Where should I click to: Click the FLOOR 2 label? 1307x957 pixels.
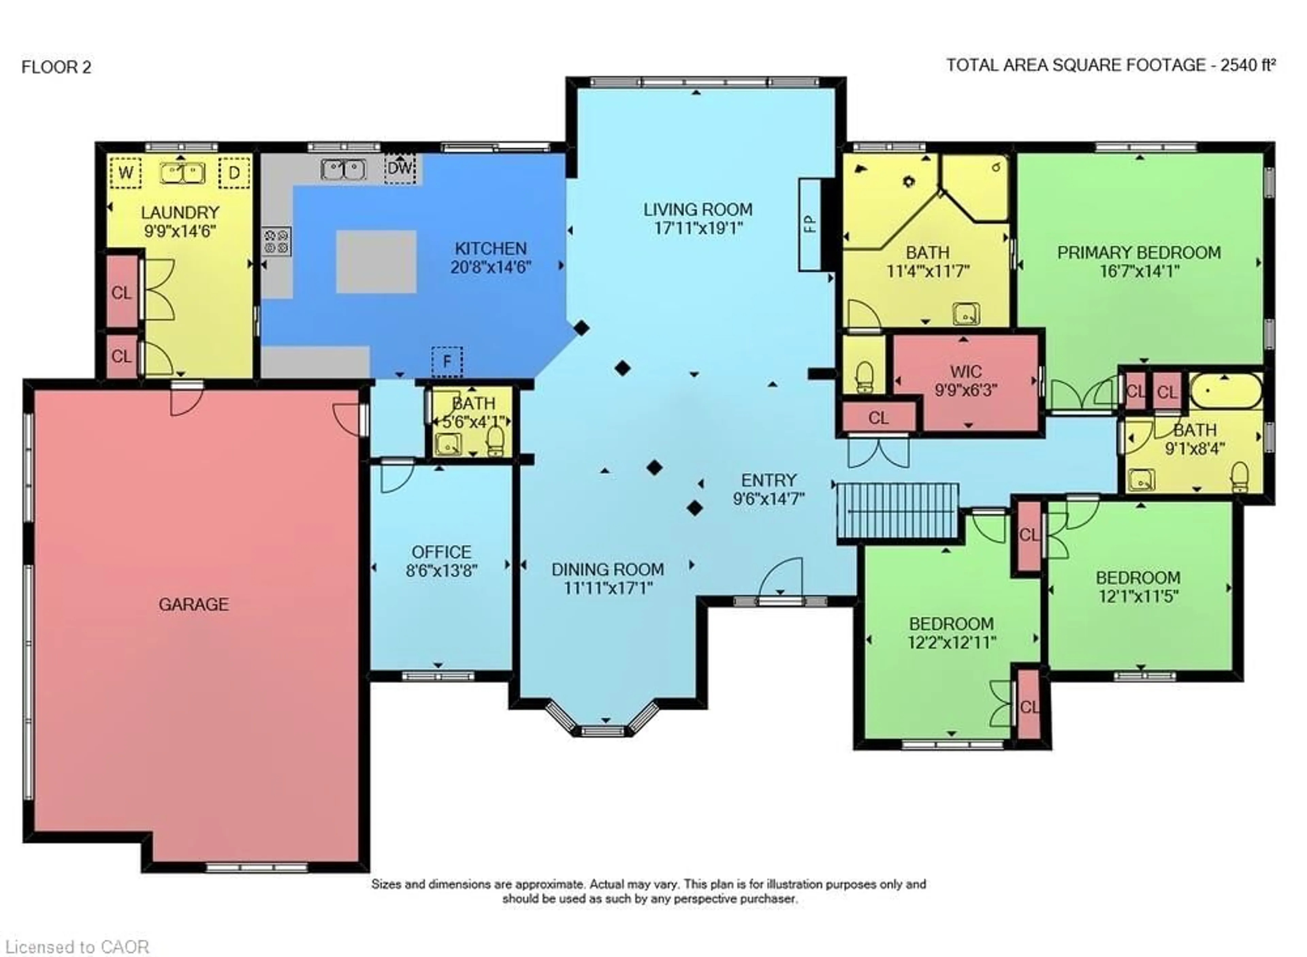56,67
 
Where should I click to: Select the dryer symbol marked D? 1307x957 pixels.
234,173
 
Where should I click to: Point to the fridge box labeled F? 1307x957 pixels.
447,362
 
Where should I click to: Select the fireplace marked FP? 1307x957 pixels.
810,224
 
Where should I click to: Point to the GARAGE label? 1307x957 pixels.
193,604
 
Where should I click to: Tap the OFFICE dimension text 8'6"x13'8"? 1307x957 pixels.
441,571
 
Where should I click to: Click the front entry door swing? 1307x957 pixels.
782,576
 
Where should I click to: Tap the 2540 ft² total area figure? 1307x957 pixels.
1248,65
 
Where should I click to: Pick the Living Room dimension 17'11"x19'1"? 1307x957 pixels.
698,228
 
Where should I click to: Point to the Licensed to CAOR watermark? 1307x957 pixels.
75,946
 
